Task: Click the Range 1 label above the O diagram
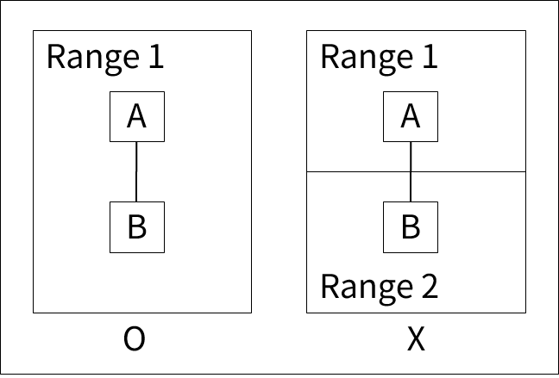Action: coord(104,57)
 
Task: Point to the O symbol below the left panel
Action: coord(134,340)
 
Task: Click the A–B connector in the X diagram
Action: coord(411,157)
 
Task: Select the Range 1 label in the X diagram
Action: coord(379,57)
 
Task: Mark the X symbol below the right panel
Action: coord(416,340)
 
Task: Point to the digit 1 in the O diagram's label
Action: coord(155,57)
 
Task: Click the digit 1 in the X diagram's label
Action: coord(430,57)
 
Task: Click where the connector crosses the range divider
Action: coord(411,171)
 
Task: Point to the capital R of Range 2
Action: coord(329,285)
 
